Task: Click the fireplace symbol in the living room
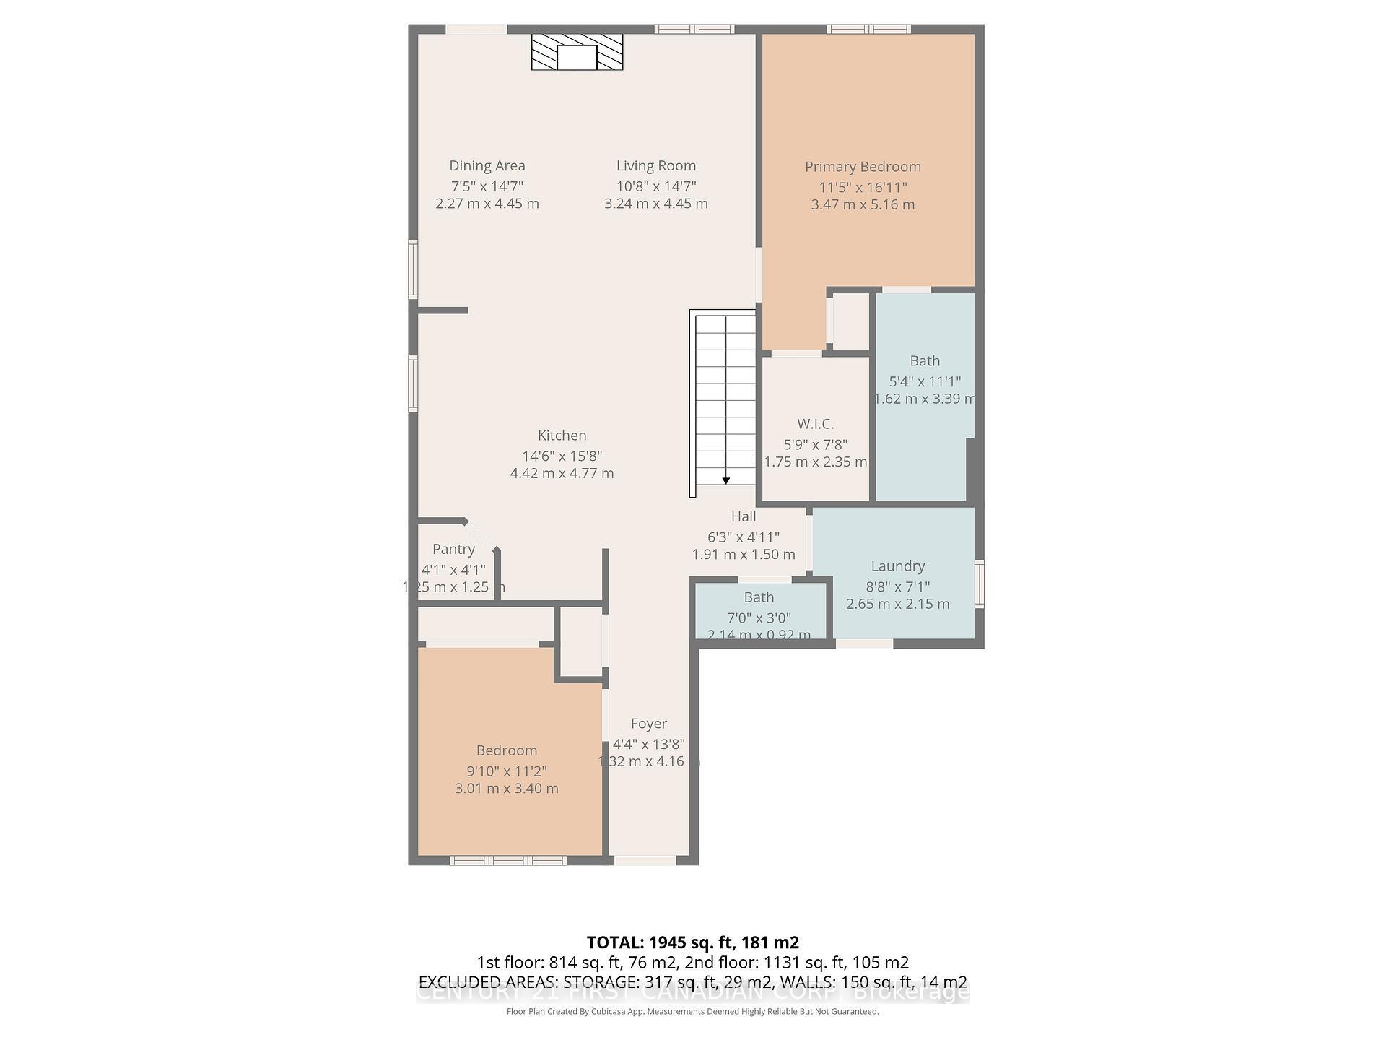(x=577, y=52)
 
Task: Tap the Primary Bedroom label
(x=863, y=167)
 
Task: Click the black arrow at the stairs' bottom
(x=725, y=480)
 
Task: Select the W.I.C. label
(x=815, y=424)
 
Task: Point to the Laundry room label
(x=897, y=566)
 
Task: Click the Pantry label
(x=453, y=549)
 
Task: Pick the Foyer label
(x=648, y=724)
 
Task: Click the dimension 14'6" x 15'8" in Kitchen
(x=562, y=456)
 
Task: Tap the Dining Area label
(x=487, y=166)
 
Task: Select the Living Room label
(x=655, y=166)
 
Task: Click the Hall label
(x=743, y=516)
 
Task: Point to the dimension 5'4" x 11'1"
(x=925, y=381)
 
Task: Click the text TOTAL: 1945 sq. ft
(x=692, y=942)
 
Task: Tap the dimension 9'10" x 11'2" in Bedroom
(x=506, y=771)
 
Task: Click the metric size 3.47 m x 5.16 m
(x=863, y=204)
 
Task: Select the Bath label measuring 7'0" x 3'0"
(x=759, y=597)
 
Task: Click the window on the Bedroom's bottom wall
(x=508, y=860)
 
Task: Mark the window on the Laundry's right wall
(x=980, y=584)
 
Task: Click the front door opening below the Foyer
(x=645, y=860)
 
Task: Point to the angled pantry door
(x=481, y=534)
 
